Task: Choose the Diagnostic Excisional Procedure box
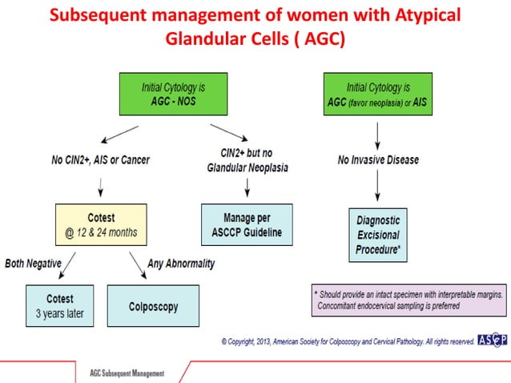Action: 377,234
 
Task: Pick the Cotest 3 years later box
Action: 59,305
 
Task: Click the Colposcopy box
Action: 153,306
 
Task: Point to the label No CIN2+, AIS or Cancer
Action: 101,159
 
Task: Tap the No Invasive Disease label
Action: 378,159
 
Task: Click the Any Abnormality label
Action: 182,264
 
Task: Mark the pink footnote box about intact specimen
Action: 408,300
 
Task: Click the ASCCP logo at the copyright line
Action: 492,341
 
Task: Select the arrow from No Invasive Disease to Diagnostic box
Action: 377,188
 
